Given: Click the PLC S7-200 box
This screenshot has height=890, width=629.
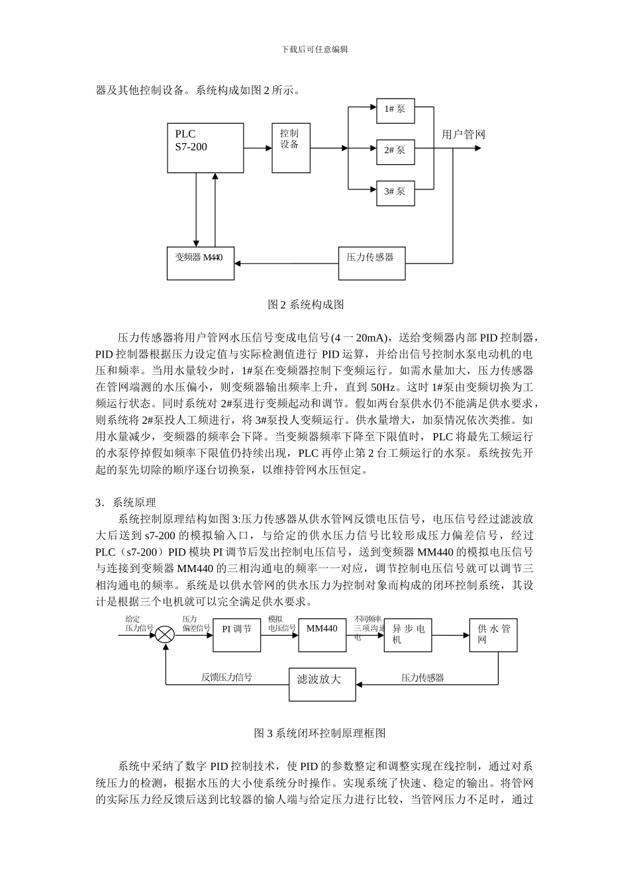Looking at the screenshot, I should (x=205, y=148).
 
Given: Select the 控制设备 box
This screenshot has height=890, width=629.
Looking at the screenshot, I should (x=291, y=148).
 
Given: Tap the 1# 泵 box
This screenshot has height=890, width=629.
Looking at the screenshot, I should (x=395, y=110).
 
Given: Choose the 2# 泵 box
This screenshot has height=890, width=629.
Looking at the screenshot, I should (x=395, y=151).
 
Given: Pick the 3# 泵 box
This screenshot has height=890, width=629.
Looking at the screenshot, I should (x=395, y=192).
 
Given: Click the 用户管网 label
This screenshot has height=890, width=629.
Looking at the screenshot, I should (x=463, y=134).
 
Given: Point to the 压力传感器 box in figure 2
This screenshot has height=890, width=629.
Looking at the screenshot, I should (x=371, y=263).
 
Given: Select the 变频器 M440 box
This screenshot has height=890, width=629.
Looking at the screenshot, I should (x=200, y=263).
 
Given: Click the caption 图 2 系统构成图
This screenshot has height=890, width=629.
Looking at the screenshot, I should (x=305, y=305).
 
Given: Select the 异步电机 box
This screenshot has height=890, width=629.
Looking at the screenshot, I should (x=408, y=635).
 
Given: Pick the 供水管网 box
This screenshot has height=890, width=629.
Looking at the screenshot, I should (x=494, y=635).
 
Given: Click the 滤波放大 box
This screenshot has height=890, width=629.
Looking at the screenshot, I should (x=322, y=683).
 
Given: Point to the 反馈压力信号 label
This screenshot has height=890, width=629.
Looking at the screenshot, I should (x=226, y=677).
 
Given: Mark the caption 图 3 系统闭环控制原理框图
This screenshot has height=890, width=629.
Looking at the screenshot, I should (x=320, y=733).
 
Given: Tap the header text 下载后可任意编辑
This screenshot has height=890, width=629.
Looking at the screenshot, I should (x=314, y=50).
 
